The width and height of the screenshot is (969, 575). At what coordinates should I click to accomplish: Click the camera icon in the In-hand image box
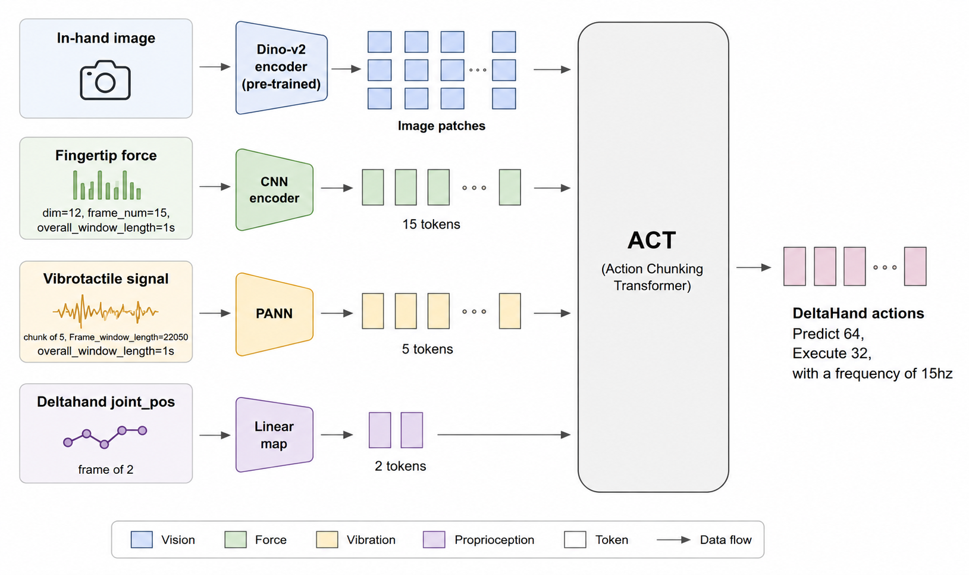click(105, 80)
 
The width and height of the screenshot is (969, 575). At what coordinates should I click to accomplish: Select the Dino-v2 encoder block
click(281, 67)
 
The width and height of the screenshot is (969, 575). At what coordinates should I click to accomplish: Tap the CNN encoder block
click(274, 190)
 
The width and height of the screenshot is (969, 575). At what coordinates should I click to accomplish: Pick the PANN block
click(274, 314)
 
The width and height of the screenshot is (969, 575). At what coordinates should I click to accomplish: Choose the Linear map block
click(274, 435)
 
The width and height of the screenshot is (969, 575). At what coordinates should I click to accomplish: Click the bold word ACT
click(651, 240)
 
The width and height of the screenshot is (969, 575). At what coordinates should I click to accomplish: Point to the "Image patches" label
click(441, 126)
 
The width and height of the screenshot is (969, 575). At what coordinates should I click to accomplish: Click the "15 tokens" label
click(431, 224)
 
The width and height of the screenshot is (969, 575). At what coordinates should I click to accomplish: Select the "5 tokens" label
click(428, 349)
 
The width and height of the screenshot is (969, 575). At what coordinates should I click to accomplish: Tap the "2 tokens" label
click(400, 466)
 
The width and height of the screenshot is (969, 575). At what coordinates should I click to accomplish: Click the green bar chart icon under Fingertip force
click(107, 185)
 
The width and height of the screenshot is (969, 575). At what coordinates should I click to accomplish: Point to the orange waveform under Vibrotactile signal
click(105, 311)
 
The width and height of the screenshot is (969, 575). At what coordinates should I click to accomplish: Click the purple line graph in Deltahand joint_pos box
click(105, 437)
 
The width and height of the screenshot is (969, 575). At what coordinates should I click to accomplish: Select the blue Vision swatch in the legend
click(142, 539)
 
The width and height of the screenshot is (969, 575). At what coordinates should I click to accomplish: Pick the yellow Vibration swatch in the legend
click(327, 539)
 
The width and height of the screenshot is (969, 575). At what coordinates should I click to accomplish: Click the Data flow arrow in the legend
click(673, 539)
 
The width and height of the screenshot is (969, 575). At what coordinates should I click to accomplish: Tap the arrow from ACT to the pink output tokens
click(754, 268)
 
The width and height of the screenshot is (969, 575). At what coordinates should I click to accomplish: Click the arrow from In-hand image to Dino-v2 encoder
click(215, 67)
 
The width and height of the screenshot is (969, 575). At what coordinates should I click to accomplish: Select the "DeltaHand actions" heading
click(858, 313)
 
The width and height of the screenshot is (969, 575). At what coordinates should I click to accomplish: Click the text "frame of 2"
click(105, 470)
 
